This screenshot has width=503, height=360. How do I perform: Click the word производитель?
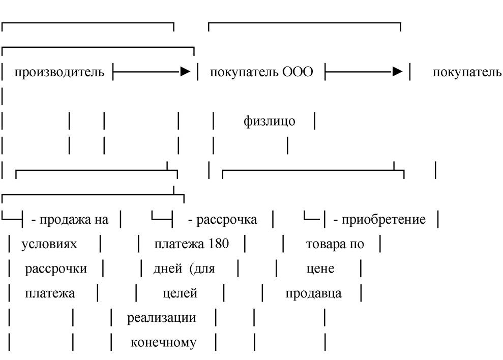[x=60, y=72]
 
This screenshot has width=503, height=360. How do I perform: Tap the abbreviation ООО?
[x=298, y=72]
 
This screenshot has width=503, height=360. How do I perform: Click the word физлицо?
[x=270, y=122]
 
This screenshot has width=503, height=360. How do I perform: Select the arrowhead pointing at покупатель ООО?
[x=186, y=71]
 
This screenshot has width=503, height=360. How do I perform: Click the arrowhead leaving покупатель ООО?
[x=397, y=71]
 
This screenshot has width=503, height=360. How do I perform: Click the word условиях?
[x=49, y=244]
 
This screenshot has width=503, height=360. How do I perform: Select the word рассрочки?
[x=56, y=269]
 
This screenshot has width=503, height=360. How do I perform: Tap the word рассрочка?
[x=226, y=220]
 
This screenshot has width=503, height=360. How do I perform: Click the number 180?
[x=219, y=244]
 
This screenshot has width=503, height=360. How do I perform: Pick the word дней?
[x=168, y=269]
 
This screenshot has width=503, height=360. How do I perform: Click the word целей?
[x=180, y=293]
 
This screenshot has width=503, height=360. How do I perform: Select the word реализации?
[x=161, y=318]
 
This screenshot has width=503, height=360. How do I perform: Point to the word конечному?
[x=163, y=342]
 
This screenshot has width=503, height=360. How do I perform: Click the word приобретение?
[x=383, y=220]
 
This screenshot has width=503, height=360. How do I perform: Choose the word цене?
[x=320, y=269]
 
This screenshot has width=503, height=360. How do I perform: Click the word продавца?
[x=313, y=293]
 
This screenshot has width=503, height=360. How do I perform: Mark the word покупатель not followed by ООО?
[x=467, y=72]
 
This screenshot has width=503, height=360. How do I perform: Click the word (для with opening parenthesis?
[x=202, y=269]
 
